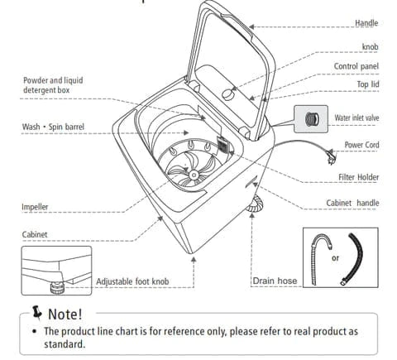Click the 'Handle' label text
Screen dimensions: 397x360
(366, 23)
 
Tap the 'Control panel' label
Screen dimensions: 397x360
(356, 66)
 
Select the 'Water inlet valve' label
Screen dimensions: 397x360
(356, 118)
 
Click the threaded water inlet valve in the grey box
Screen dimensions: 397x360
(313, 119)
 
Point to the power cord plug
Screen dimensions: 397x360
(331, 156)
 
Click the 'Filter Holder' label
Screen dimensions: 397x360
(359, 177)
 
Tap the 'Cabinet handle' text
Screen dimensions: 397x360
(352, 203)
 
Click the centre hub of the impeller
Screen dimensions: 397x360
(194, 175)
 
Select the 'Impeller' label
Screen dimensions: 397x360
(35, 207)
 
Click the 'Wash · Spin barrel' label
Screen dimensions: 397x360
(53, 127)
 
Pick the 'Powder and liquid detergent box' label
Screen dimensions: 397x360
(53, 85)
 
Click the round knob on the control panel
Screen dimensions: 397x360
(227, 94)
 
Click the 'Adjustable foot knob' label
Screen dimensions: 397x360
(132, 281)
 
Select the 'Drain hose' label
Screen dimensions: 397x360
(275, 281)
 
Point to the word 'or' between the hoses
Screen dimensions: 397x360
(335, 258)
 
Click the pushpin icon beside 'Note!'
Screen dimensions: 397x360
(36, 313)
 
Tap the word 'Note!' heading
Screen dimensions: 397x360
(65, 314)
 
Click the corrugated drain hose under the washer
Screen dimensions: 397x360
(256, 204)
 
